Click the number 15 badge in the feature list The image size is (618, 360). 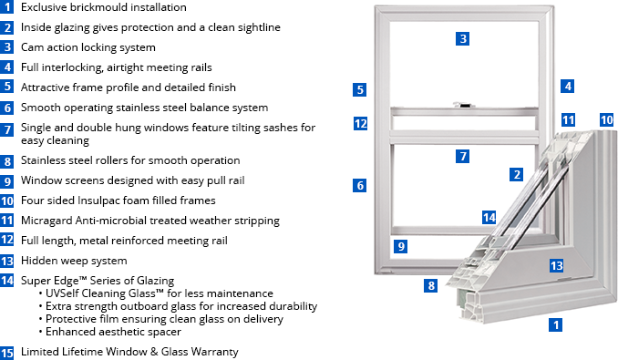[x=6, y=353]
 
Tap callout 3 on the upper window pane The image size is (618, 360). [x=463, y=38]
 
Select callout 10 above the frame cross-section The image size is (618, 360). [x=606, y=119]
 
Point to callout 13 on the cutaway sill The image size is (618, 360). [x=556, y=266]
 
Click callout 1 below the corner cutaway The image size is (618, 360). [x=556, y=325]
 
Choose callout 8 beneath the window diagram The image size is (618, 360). [x=431, y=285]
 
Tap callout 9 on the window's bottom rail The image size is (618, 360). [x=400, y=247]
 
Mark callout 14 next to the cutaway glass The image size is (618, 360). [x=489, y=218]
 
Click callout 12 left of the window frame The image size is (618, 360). [x=360, y=124]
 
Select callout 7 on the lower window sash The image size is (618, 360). [x=463, y=157]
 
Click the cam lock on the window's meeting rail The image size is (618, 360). [x=463, y=105]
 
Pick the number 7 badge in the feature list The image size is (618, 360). [x=6, y=129]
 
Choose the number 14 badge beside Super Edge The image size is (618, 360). [x=6, y=281]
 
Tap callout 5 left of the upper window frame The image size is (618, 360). [x=359, y=89]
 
